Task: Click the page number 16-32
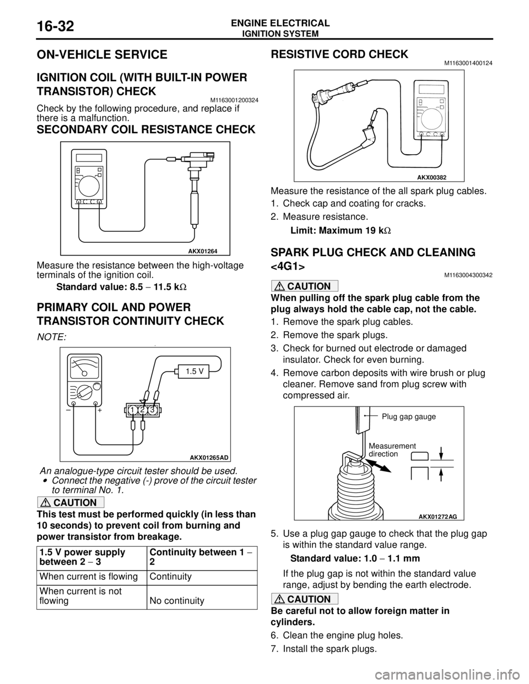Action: pyautogui.click(x=56, y=26)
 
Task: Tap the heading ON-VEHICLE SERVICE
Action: pyautogui.click(x=102, y=55)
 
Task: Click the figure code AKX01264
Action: pyautogui.click(x=203, y=251)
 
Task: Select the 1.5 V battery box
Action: pyautogui.click(x=193, y=371)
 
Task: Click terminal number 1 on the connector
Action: pyautogui.click(x=132, y=410)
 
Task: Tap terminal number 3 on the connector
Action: pyautogui.click(x=153, y=410)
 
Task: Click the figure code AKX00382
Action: pyautogui.click(x=431, y=177)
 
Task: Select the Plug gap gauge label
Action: pyautogui.click(x=409, y=417)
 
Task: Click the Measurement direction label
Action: pyautogui.click(x=392, y=450)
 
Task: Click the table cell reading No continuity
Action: pyautogui.click(x=177, y=601)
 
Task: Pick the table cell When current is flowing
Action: pyautogui.click(x=89, y=577)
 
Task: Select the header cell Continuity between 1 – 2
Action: pyautogui.click(x=202, y=558)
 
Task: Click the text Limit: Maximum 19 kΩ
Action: pyautogui.click(x=341, y=230)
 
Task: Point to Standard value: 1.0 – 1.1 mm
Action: pyautogui.click(x=355, y=558)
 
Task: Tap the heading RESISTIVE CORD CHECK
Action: pyautogui.click(x=339, y=55)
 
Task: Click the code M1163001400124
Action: pyautogui.click(x=468, y=63)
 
